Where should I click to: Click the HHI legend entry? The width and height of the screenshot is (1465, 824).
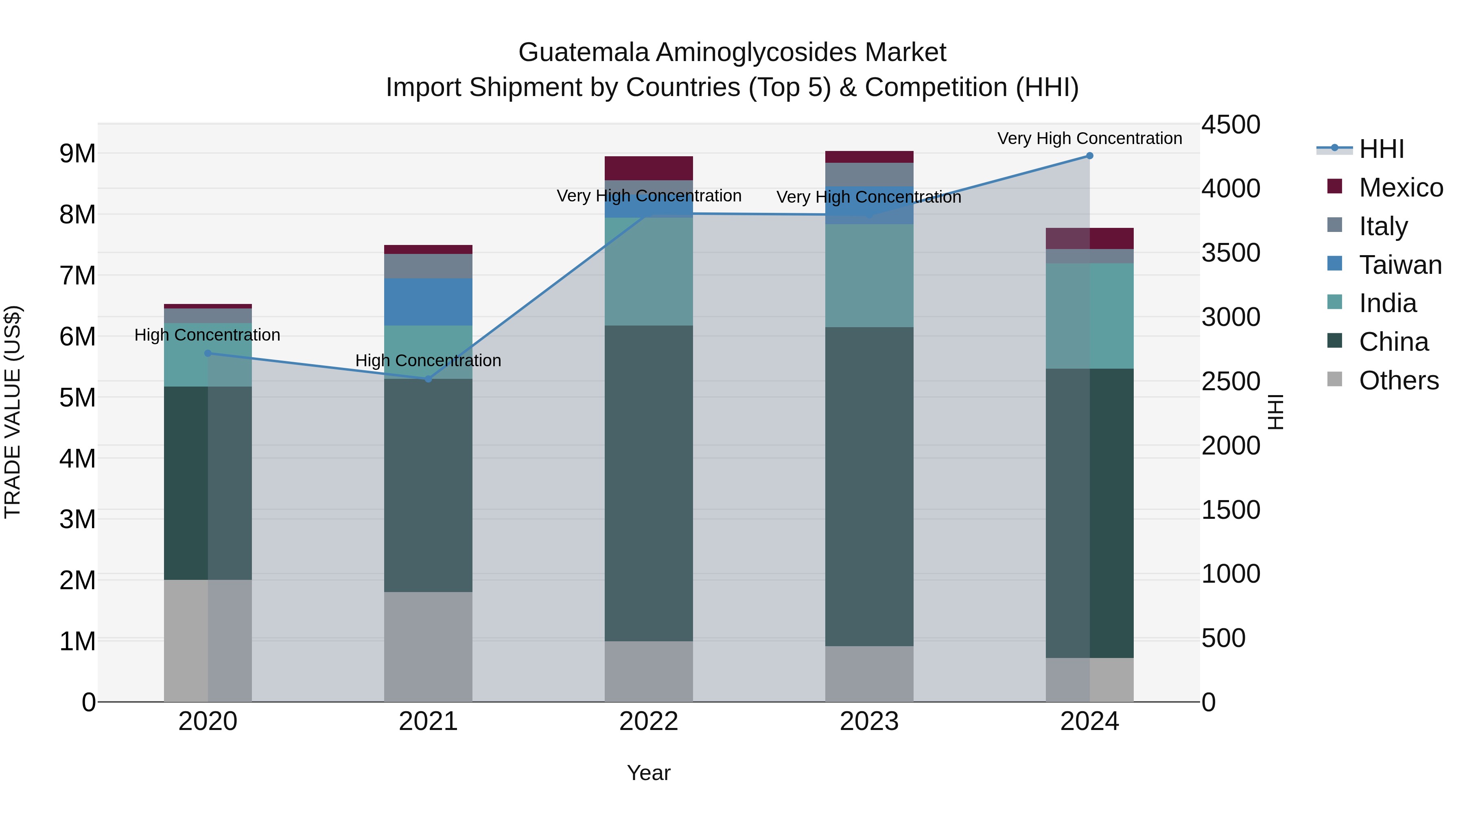click(1381, 149)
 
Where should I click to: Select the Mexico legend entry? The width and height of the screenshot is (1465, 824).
click(1400, 188)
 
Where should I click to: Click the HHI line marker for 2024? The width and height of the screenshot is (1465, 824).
click(1090, 156)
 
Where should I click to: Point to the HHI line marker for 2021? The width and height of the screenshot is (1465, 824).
click(428, 379)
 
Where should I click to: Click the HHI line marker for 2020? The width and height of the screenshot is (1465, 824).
click(208, 354)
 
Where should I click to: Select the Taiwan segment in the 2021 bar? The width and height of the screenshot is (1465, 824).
click(428, 302)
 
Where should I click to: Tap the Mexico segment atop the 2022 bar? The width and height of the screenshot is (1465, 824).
click(649, 168)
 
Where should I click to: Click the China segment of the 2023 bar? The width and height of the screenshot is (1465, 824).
click(869, 486)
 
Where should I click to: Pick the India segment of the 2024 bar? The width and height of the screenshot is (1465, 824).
click(1090, 316)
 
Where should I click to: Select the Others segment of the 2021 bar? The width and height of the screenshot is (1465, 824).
click(428, 647)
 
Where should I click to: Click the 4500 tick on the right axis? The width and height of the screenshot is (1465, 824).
click(1231, 125)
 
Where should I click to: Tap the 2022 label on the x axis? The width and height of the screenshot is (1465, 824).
click(649, 721)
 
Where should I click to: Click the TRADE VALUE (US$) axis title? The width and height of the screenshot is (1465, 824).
click(13, 412)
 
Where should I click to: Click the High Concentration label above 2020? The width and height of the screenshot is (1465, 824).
click(208, 335)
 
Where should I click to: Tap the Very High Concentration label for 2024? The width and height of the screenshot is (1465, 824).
click(1090, 138)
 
